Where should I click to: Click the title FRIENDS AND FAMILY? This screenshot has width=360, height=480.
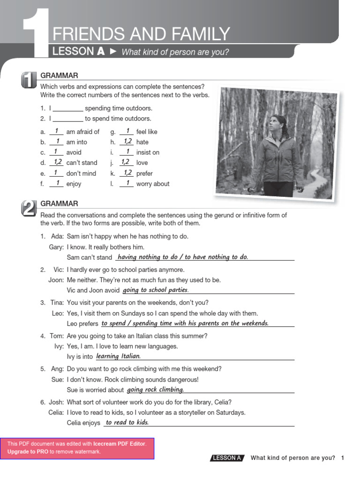(141, 34)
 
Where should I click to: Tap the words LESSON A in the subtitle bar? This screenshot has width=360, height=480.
(78, 52)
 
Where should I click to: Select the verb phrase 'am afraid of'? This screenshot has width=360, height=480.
(82, 132)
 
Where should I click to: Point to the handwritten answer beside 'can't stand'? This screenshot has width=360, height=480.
(56, 162)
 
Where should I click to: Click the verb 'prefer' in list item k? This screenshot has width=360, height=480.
(144, 173)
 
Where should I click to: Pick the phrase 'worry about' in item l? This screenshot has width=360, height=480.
(152, 184)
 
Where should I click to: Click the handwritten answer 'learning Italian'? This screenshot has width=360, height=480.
(118, 356)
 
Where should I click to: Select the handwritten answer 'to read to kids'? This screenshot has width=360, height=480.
(127, 422)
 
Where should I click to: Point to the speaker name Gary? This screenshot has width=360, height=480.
(56, 247)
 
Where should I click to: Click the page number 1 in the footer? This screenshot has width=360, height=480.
(343, 458)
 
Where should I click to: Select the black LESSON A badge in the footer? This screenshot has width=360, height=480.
(227, 458)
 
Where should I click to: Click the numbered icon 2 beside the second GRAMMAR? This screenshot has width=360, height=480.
(28, 208)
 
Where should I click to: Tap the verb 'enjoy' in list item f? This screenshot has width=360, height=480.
(74, 184)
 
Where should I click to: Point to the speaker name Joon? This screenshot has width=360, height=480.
(55, 280)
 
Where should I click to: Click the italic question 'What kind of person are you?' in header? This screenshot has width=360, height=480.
(175, 52)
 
